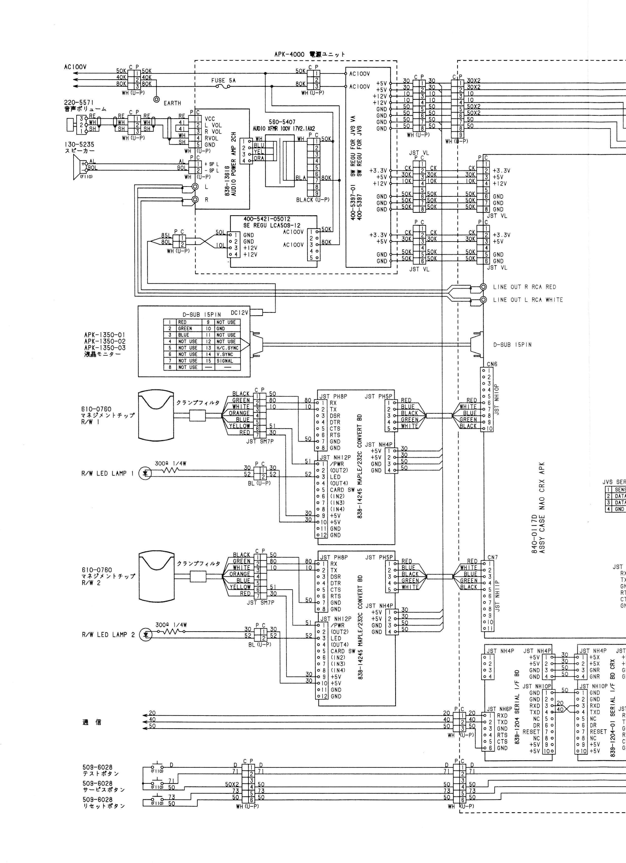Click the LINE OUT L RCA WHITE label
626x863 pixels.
528,300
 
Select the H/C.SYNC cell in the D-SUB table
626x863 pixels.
227,348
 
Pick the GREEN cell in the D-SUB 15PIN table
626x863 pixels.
185,328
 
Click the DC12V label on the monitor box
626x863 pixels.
239,312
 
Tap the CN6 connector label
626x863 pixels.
492,364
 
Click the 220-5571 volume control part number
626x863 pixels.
79,102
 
